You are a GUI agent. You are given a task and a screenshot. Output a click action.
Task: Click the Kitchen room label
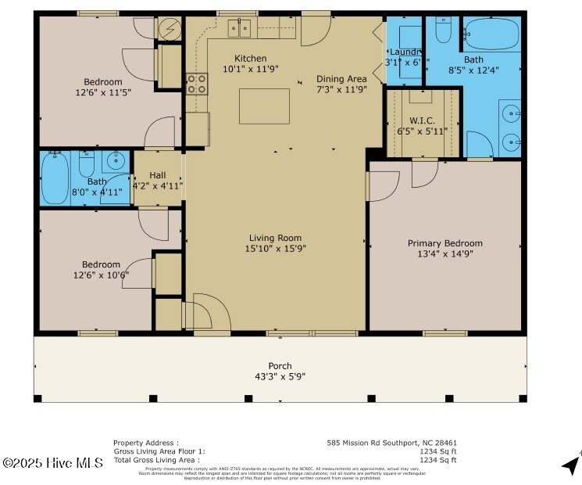tap(250, 59)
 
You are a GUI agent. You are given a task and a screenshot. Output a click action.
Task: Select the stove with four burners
tap(196, 83)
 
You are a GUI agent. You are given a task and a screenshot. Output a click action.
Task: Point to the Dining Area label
tap(341, 79)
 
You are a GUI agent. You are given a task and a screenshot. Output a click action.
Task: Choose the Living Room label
tap(275, 239)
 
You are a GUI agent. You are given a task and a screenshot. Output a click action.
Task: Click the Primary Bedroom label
tap(445, 243)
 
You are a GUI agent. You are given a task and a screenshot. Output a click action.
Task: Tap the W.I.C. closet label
tap(421, 121)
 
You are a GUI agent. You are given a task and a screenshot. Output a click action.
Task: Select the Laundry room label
tap(405, 52)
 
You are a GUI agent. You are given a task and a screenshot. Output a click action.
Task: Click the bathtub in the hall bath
tap(55, 179)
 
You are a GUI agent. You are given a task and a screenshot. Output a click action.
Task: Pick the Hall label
tap(157, 175)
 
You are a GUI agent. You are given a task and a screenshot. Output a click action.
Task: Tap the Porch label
tap(280, 366)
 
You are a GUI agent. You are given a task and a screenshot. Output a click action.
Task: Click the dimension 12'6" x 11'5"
tap(104, 92)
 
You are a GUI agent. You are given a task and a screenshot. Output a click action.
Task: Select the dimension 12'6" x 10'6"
tap(101, 275)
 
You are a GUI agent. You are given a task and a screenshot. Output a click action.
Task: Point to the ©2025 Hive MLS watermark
tap(52, 463)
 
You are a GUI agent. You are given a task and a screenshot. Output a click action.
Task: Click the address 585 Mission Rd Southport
tap(391, 443)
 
